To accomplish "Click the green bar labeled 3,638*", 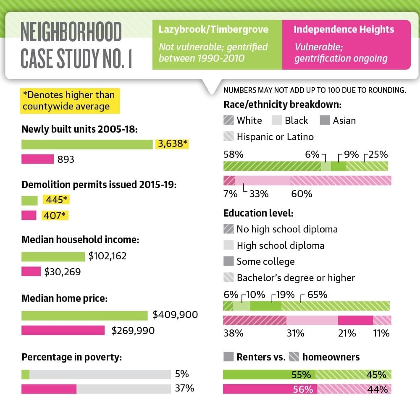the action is (87, 144).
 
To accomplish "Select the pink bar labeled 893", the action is (37, 159).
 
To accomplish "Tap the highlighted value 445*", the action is (56, 200).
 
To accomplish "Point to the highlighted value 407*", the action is (55, 215).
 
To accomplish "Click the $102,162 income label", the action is (108, 256).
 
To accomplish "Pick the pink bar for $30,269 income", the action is (31, 272).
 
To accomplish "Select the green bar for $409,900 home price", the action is (84, 316).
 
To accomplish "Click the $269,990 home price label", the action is (133, 331).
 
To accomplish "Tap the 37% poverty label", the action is (184, 388).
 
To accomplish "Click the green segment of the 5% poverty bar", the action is (26, 374).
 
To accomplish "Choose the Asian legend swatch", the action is (325, 120).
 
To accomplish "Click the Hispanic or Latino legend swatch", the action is (228, 136).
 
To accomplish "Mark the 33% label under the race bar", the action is (259, 194).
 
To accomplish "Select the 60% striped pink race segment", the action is (341, 180).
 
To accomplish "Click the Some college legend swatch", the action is (228, 261).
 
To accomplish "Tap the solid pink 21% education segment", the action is (355, 320).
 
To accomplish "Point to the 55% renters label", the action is (301, 375).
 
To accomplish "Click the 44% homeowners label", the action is (378, 389).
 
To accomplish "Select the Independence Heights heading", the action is (344, 29).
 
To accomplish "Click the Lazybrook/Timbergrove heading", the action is (213, 29).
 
